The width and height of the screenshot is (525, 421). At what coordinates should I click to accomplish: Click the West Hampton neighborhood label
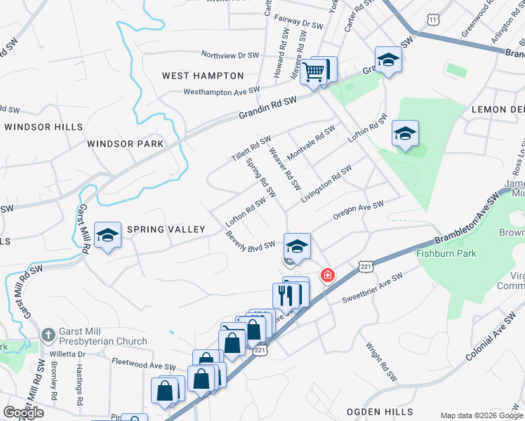pos(203,76)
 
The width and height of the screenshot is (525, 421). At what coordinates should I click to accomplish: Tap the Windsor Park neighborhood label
pos(125,144)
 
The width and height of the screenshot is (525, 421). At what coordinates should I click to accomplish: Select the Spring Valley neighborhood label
pos(166,229)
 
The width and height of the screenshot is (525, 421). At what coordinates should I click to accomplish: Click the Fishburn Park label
pos(446,253)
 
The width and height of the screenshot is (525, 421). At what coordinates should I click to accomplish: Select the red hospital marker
pos(327,275)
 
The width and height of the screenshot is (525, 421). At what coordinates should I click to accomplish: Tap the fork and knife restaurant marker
pos(286,295)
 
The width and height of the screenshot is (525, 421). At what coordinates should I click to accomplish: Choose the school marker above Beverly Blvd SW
pos(297,246)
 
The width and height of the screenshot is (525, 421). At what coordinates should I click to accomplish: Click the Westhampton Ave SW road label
pos(222,91)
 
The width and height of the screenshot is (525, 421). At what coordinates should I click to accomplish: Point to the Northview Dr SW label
pos(230,55)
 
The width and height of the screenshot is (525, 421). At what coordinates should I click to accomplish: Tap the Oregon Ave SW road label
pos(359,210)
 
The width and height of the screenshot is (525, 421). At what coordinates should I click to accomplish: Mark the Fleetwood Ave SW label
pos(143,366)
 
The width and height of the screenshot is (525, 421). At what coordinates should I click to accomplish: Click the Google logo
pos(23,413)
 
